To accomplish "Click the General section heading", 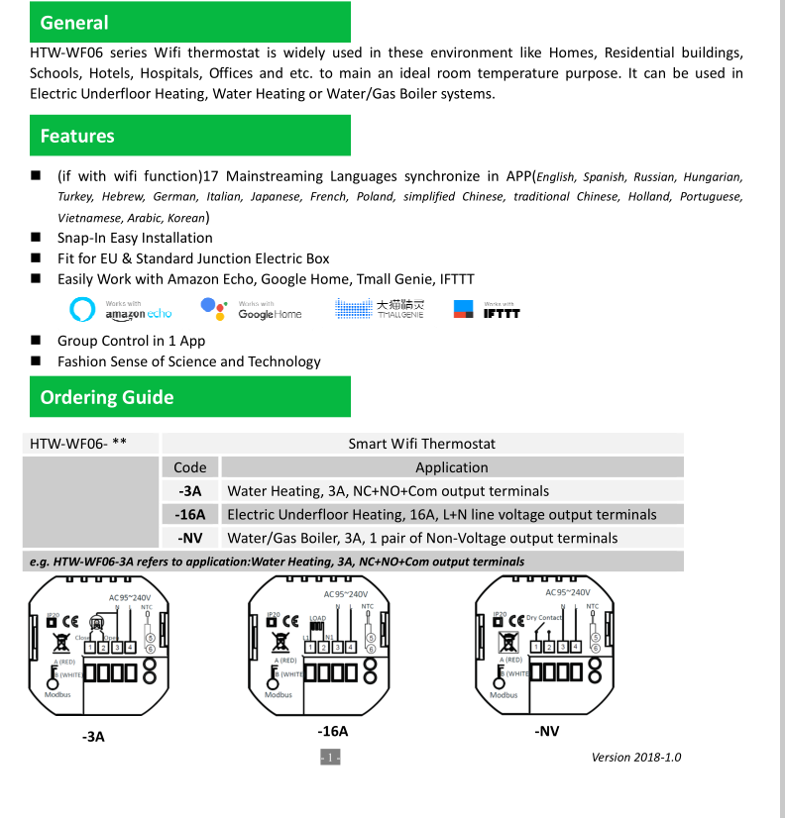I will [74, 23].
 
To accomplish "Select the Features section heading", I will [77, 137].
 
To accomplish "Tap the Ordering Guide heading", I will [107, 398].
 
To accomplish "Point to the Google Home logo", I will [252, 310].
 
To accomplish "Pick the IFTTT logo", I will [487, 310].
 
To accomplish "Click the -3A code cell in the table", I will [190, 490].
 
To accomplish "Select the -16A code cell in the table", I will [190, 514].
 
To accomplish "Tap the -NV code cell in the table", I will [190, 538].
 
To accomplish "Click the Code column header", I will [190, 467].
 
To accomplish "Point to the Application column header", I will [451, 467].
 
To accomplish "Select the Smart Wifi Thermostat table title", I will [421, 444].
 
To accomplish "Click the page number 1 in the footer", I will [330, 758].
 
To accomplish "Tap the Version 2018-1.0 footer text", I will [636, 758].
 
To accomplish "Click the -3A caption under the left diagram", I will [93, 737].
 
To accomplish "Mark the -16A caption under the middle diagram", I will [333, 731].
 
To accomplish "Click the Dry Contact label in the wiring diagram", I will [544, 618].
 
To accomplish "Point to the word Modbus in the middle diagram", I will [279, 694].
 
